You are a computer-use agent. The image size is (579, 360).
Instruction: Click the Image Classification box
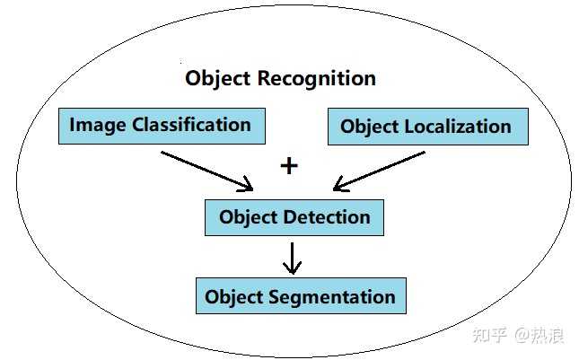coord(162,126)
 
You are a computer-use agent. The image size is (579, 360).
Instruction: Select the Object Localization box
coord(427,127)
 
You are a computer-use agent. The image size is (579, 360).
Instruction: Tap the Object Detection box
coord(294,217)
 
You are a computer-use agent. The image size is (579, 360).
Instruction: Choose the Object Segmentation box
coord(301,296)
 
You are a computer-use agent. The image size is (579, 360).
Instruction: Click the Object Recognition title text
coord(280,78)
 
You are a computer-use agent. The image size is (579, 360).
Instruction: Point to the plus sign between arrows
coord(289,166)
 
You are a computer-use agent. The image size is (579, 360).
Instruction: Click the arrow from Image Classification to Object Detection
coord(207,171)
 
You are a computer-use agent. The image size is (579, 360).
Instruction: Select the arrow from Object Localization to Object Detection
coord(378,171)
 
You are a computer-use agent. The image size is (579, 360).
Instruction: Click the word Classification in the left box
coord(191,126)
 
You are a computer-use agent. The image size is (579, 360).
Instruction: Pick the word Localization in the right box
coord(457,127)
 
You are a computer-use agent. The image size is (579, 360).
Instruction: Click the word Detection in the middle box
coord(326,217)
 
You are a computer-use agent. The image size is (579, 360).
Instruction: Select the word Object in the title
coord(218,78)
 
